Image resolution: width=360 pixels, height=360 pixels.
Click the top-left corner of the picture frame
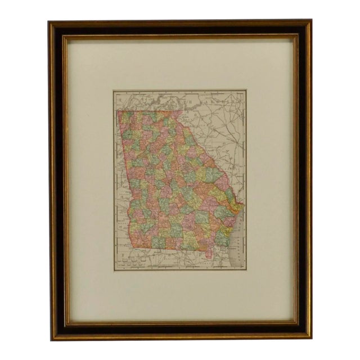click(x=49, y=21)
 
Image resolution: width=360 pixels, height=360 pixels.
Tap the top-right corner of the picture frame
click(x=311, y=20)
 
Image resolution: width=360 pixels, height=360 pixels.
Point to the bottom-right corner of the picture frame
click(x=311, y=339)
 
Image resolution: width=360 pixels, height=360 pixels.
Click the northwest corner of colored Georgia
click(x=117, y=111)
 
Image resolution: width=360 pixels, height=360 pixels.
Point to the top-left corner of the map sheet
click(x=114, y=91)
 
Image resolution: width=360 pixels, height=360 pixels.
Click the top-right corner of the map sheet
click(x=246, y=90)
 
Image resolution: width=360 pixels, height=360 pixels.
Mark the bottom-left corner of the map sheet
click(x=114, y=271)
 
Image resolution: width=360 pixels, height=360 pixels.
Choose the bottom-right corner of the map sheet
click(x=246, y=270)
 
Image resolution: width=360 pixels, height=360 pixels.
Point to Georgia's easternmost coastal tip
click(x=240, y=207)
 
